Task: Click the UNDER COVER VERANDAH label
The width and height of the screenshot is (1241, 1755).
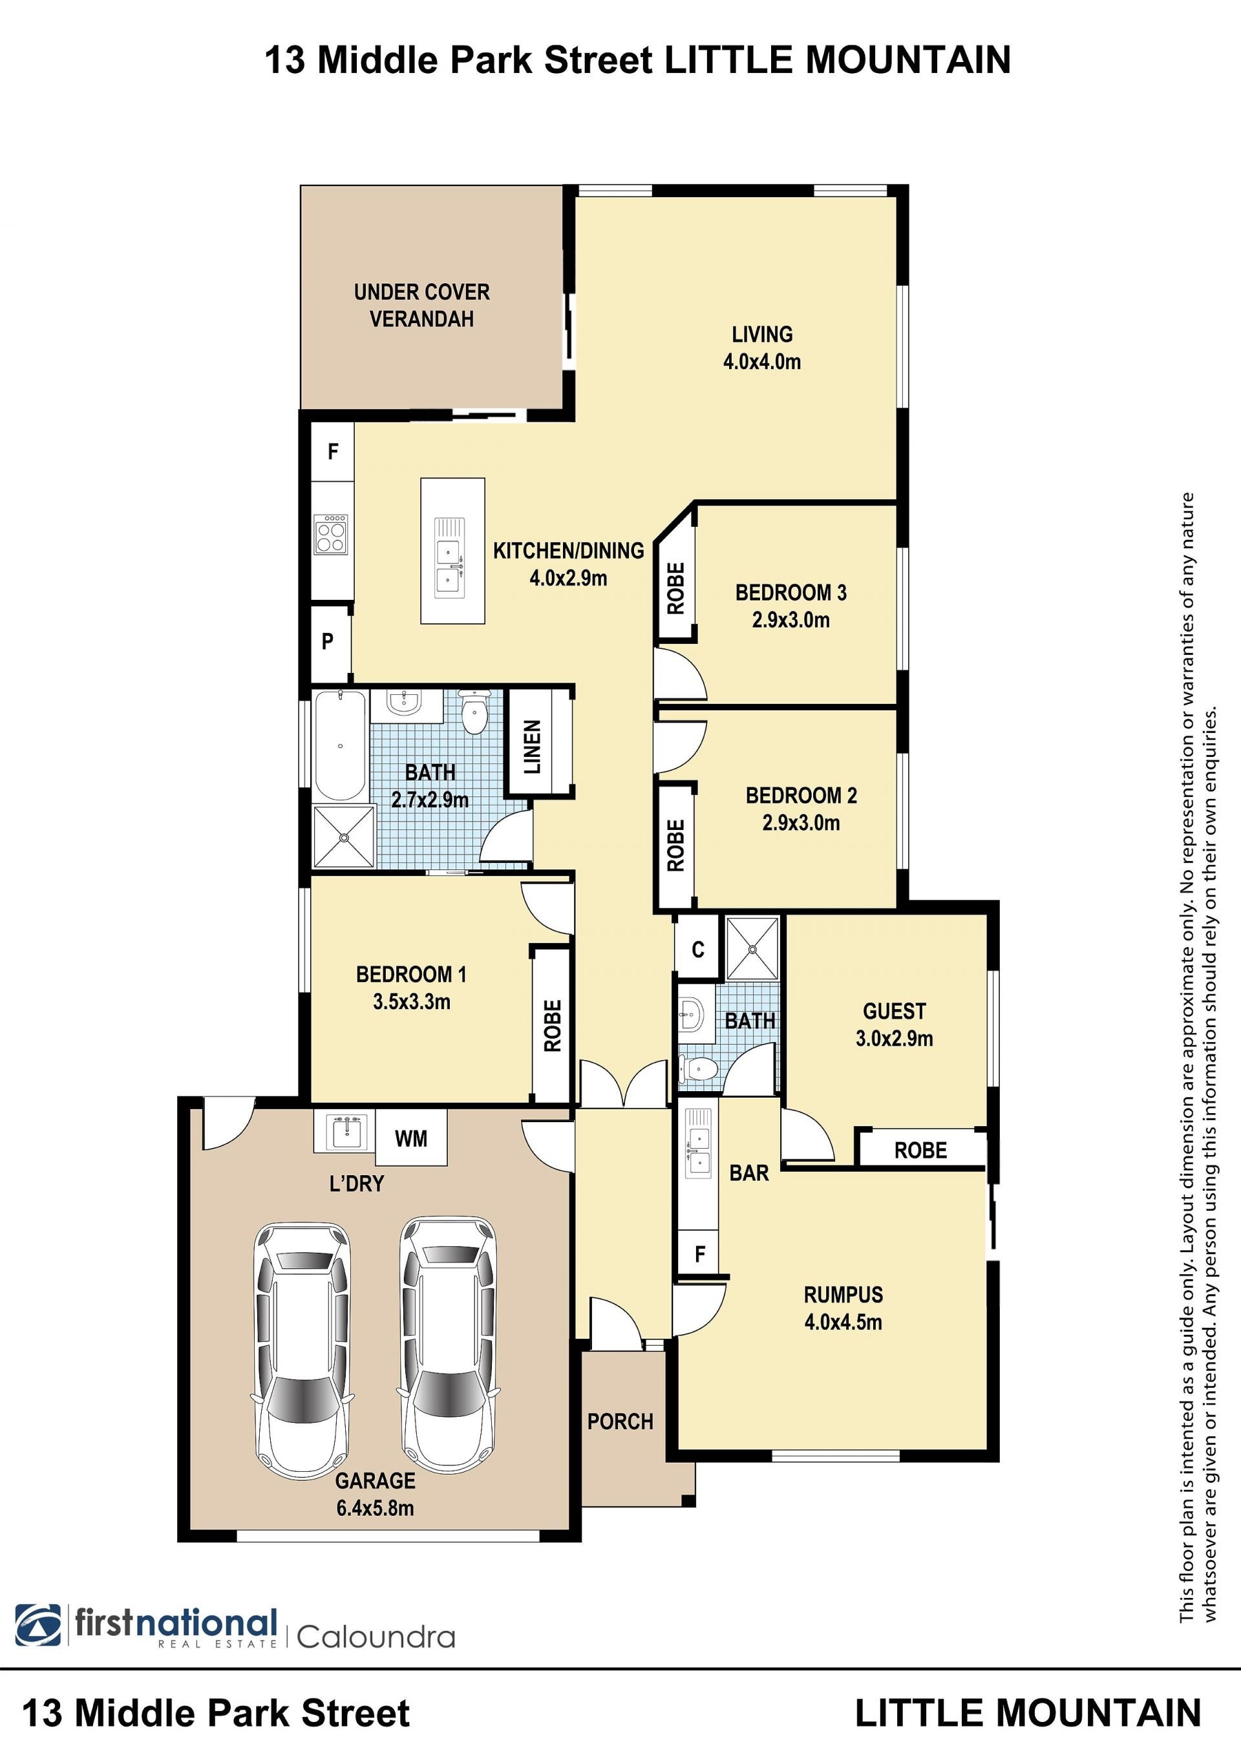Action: click(x=422, y=305)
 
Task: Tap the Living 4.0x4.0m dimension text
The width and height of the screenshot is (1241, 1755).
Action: click(x=762, y=361)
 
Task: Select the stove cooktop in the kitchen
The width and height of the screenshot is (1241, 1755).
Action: click(x=332, y=533)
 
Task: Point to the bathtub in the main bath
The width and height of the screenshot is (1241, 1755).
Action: click(x=340, y=745)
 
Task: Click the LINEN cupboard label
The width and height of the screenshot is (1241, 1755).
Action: click(x=532, y=746)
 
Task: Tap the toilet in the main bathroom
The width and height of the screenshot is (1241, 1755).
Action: click(x=474, y=712)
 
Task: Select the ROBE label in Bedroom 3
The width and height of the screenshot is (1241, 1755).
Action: click(x=675, y=589)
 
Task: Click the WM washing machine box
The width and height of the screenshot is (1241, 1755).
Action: click(x=411, y=1138)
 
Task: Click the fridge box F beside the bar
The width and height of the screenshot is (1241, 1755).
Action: click(x=699, y=1253)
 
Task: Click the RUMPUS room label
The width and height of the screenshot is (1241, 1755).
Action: click(x=843, y=1295)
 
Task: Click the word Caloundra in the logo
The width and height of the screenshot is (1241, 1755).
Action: click(x=376, y=1637)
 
